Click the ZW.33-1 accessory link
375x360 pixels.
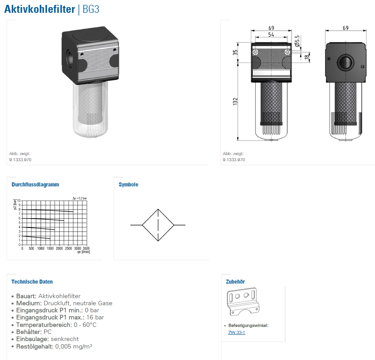(237, 332)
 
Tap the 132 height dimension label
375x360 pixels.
(235, 101)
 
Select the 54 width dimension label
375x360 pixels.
(271, 34)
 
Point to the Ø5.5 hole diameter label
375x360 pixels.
(297, 41)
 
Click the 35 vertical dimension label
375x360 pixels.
(235, 52)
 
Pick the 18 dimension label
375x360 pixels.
(307, 57)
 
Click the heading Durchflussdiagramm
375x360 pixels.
(35, 185)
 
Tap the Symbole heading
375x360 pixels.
(128, 185)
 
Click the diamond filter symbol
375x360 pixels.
(158, 225)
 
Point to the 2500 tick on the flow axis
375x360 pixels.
(69, 248)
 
